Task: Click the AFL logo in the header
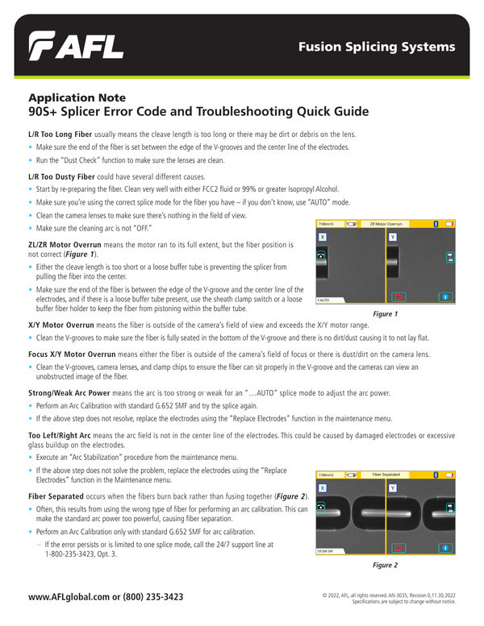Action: click(x=77, y=48)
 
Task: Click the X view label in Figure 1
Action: click(x=322, y=238)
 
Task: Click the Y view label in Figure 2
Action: click(x=393, y=488)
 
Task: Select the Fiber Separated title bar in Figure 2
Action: click(x=385, y=475)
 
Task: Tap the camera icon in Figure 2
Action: click(x=322, y=507)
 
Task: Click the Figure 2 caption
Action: click(x=384, y=566)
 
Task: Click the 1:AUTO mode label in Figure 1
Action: click(x=323, y=300)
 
